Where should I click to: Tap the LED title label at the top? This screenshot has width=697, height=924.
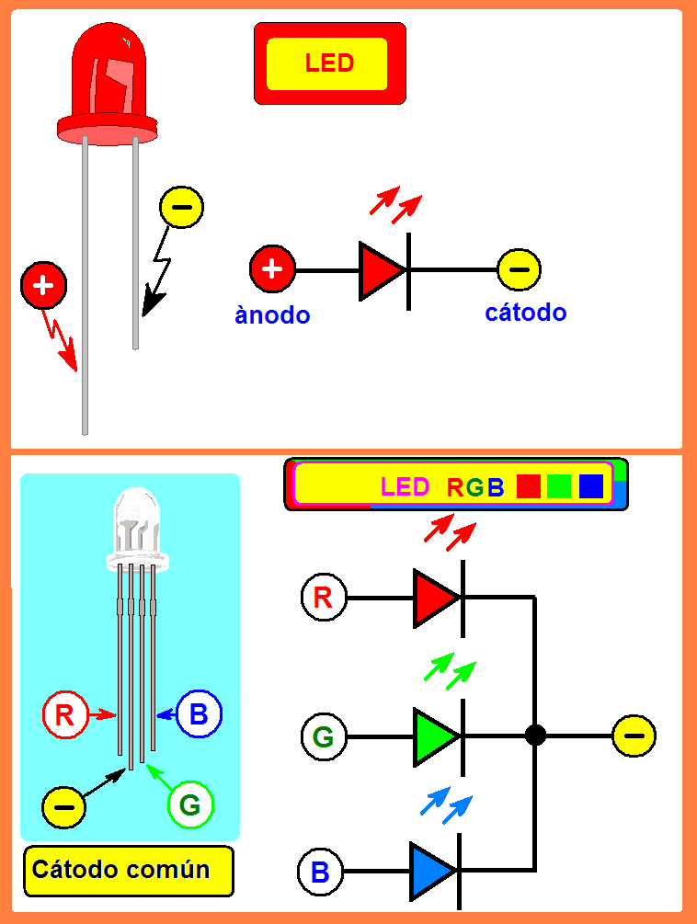(x=329, y=63)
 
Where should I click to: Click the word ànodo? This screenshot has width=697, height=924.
(x=272, y=315)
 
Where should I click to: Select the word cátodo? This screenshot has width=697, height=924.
(x=525, y=313)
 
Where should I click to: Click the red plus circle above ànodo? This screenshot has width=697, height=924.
(x=272, y=269)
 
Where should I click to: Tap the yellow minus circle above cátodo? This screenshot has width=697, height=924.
(x=520, y=269)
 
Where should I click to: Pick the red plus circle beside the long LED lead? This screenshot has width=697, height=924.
(x=43, y=286)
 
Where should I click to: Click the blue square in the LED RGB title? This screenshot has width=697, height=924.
(x=590, y=486)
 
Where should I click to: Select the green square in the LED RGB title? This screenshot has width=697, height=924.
(x=559, y=486)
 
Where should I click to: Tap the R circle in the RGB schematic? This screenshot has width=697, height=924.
(x=324, y=598)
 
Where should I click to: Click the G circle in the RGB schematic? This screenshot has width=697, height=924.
(x=324, y=736)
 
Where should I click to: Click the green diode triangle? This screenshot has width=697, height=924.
(x=433, y=736)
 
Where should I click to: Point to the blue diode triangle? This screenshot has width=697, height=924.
(x=430, y=870)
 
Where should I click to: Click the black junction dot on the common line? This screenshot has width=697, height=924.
(x=535, y=736)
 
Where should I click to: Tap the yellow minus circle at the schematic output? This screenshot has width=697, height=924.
(x=634, y=736)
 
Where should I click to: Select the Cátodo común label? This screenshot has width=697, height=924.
(x=128, y=870)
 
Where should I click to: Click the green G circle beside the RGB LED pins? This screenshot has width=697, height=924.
(x=190, y=805)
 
